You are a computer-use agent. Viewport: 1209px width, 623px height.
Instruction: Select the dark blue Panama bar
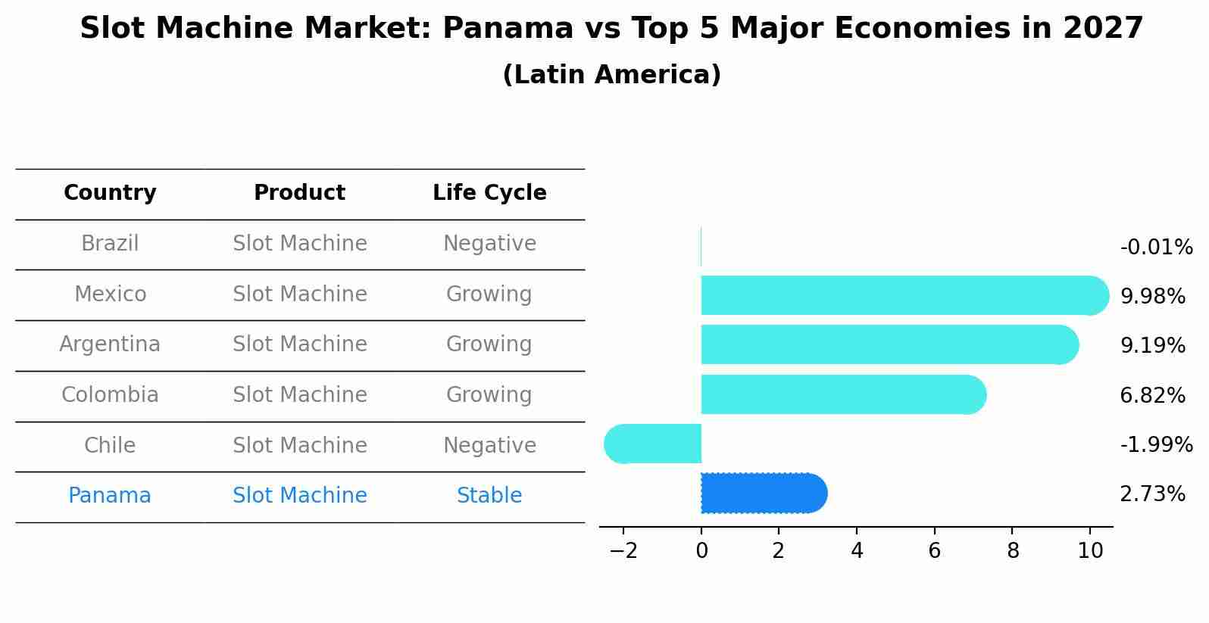coord(761,494)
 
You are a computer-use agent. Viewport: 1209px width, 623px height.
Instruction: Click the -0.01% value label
coord(1156,248)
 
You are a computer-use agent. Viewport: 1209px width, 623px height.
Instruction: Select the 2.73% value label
coord(1152,494)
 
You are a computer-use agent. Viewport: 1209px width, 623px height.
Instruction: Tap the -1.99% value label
coord(1156,444)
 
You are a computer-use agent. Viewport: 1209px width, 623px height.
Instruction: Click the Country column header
coord(110,193)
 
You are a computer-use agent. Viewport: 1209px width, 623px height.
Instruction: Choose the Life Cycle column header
coord(489,193)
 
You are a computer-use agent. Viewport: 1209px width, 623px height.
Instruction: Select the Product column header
coord(299,193)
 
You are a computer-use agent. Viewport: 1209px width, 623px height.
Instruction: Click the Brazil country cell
coord(110,244)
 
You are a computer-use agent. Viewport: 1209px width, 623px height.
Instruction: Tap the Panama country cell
coord(110,496)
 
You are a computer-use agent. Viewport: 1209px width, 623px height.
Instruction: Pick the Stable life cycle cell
coord(489,496)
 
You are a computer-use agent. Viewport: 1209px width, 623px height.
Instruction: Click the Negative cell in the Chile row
coord(489,445)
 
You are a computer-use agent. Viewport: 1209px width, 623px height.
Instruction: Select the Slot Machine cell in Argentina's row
coord(299,344)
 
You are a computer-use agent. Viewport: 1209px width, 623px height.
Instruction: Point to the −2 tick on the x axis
coord(623,551)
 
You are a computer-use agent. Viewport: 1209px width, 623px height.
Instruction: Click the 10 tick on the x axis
coord(1090,551)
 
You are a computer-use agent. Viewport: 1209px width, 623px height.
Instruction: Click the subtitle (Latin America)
coord(611,75)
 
